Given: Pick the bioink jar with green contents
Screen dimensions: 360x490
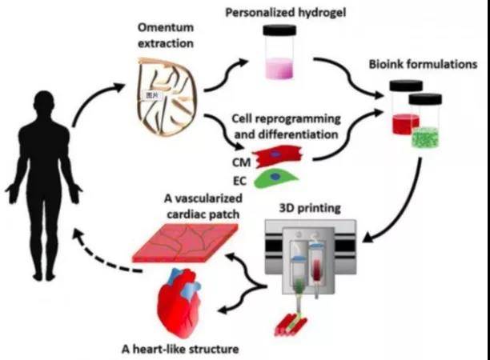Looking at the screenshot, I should click(427, 123).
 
